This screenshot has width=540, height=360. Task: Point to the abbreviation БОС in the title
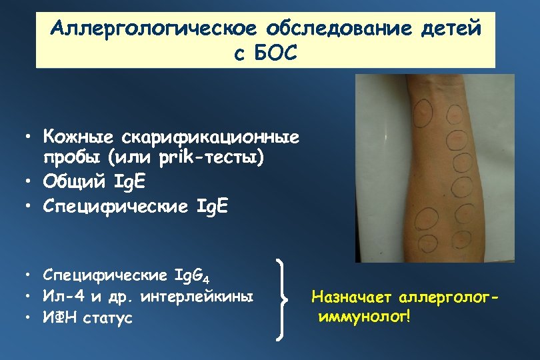tap(273, 53)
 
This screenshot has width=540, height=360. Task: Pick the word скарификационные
tap(210, 138)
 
